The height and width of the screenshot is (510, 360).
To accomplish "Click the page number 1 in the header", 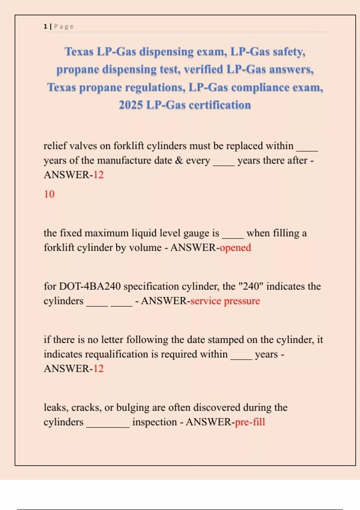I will tap(45, 26).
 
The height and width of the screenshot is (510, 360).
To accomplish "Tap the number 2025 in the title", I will tap(130, 105).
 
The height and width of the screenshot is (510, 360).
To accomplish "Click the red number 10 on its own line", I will tap(49, 194).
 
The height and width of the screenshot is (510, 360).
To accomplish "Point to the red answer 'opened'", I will tap(235, 247).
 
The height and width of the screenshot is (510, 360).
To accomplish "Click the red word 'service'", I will tap(206, 301).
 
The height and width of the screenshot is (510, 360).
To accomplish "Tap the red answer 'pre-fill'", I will tap(250, 422).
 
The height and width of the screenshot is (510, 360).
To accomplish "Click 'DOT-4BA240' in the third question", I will tap(90, 286).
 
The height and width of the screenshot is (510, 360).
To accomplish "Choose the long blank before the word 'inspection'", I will tap(108, 425).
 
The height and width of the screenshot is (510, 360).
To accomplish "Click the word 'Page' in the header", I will tap(64, 26).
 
